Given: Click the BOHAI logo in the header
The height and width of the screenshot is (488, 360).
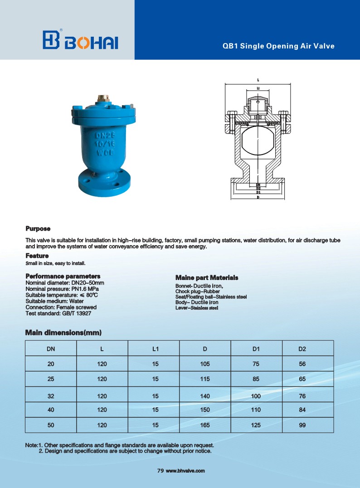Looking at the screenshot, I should coord(80,40).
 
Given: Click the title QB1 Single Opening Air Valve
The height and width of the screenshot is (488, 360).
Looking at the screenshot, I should coord(278,46).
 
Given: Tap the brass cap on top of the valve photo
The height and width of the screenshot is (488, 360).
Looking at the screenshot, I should coord(102,98).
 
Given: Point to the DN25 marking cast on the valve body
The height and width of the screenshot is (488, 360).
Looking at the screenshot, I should coord(104,135).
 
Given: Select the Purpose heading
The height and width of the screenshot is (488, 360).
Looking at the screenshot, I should coord(38,228).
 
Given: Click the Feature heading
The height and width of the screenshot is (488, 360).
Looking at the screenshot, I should coord(37,256).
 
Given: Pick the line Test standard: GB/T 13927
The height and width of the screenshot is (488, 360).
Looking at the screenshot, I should coord(61,313).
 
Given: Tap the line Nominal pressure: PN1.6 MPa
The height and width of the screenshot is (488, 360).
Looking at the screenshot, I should coord(62,289).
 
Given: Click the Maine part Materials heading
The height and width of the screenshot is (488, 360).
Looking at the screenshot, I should coord(207,277).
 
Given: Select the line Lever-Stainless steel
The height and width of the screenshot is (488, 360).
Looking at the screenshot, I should coord(197,308).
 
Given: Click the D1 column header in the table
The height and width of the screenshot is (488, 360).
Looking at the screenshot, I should coord(256,349).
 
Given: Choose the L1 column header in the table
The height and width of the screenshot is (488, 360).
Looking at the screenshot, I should coord(155,349).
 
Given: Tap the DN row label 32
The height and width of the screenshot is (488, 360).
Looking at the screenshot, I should coord(51,396).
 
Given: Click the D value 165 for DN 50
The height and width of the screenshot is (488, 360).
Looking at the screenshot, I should coord(205,425).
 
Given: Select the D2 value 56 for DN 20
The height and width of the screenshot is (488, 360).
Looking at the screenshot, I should coord(302,363).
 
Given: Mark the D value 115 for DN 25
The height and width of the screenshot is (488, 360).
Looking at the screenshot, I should coord(205,379).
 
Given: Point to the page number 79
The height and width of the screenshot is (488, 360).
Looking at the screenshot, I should coord(160,471).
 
